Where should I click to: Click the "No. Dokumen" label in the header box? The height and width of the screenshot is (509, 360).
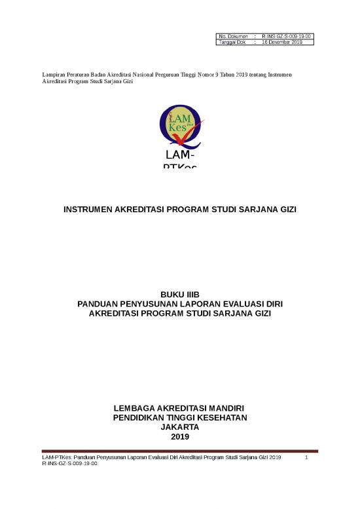coord(230,35)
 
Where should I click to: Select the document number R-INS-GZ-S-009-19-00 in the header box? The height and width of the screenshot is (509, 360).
coord(286,35)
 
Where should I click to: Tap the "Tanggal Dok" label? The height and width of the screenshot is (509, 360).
coord(231,42)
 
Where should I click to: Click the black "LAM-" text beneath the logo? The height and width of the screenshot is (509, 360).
coord(179,156)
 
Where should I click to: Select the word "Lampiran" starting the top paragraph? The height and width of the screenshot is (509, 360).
coord(54,76)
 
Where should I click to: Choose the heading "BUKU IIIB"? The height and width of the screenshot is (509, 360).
coord(179,295)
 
